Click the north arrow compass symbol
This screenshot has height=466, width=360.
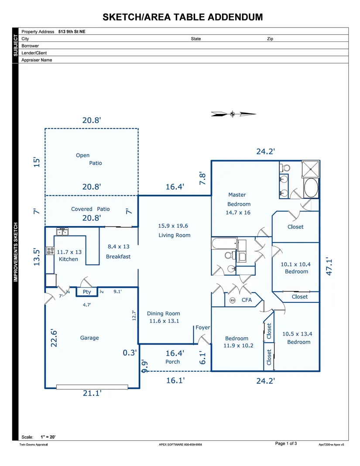tap(233, 114)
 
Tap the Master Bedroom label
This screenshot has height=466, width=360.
tap(239, 199)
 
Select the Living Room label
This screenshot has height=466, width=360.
tap(174, 235)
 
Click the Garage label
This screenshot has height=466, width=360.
tap(89, 338)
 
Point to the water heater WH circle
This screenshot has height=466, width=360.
tap(233, 300)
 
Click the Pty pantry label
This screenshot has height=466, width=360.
tap(87, 292)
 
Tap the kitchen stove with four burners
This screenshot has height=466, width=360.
tap(50, 251)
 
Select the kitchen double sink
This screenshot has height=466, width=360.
tap(62, 232)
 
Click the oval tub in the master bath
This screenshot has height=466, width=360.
tap(311, 188)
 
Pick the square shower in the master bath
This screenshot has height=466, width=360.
tap(311, 169)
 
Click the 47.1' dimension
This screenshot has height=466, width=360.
tap(329, 266)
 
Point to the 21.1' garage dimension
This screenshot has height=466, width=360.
tap(92, 393)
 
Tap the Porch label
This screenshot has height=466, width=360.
tap(172, 362)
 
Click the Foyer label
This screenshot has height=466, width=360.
tap(203, 328)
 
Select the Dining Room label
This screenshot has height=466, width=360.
tap(164, 314)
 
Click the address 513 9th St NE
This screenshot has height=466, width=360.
tap(72, 31)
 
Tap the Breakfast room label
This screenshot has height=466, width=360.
tap(118, 257)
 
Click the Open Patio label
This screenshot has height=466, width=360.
tap(89, 159)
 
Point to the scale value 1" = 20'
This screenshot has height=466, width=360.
tap(48, 437)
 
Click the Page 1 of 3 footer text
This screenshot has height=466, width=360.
tap(286, 443)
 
